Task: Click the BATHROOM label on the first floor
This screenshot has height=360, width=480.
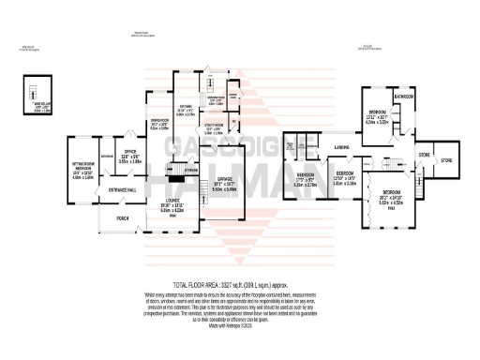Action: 405,97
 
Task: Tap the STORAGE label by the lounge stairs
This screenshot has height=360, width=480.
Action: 191,171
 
